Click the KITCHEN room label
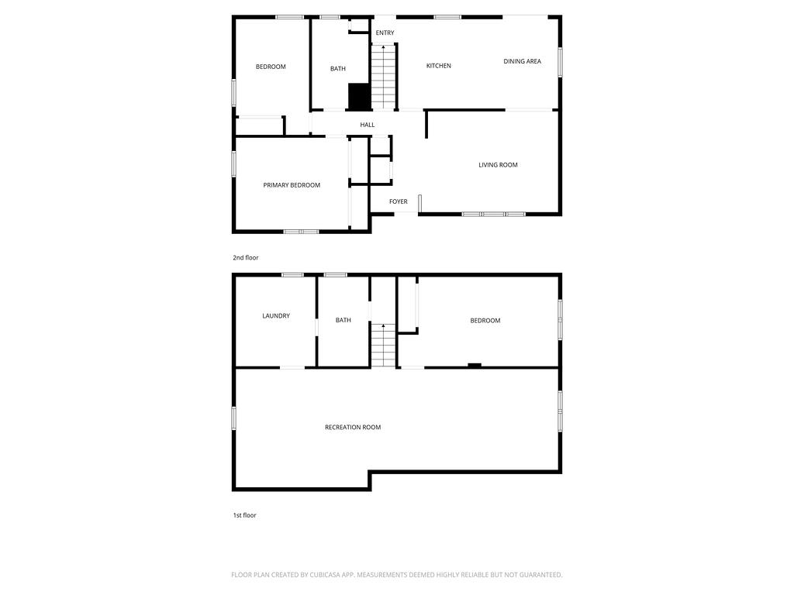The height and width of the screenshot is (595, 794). pos(438,66)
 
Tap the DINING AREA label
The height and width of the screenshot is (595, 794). pos(522,61)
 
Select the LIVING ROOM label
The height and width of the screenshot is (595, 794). pos(498,165)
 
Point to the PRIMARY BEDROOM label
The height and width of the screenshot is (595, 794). pos(292,185)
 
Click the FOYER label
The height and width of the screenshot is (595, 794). pos(398,202)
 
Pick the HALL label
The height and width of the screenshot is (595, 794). pos(368,125)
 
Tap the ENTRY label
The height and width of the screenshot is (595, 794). pos(385,33)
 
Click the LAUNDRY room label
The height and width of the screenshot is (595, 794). pos(276,316)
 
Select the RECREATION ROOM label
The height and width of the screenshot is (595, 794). pos(353,428)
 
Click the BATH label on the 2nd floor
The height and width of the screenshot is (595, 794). pos(338,69)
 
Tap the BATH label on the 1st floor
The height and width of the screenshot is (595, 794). pos(343,321)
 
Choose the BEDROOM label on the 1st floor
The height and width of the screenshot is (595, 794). pos(485,321)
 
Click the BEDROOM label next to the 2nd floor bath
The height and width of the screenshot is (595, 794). pos(271,67)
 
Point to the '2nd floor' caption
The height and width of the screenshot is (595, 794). pos(245,258)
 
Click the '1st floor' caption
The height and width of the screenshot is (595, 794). pos(244,515)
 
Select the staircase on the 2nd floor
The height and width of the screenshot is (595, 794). pos(383,77)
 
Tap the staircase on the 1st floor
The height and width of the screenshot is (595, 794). pos(382,346)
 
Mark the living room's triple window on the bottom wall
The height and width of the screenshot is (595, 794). pos(494,214)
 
